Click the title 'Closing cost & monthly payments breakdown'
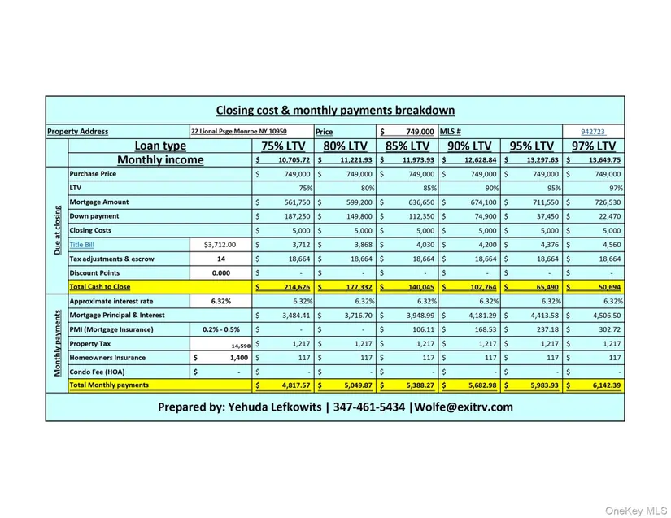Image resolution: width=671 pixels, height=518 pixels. pyautogui.click(x=335, y=111)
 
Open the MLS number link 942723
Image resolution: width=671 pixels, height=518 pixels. pyautogui.click(x=594, y=132)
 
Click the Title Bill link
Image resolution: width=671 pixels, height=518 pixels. pyautogui.click(x=81, y=245)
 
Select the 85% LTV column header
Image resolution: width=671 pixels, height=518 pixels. pyautogui.click(x=407, y=146)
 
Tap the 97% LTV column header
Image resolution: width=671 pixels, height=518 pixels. pyautogui.click(x=595, y=146)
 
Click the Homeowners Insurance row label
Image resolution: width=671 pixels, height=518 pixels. pyautogui.click(x=108, y=358)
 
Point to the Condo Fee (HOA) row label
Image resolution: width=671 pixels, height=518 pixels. pyautogui.click(x=98, y=372)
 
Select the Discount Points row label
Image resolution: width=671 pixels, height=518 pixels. pyautogui.click(x=94, y=273)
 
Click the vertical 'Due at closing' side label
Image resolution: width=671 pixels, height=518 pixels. pyautogui.click(x=57, y=230)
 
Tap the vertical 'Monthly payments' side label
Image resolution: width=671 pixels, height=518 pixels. pyautogui.click(x=57, y=343)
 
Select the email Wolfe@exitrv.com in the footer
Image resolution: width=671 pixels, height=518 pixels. pyautogui.click(x=464, y=407)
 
